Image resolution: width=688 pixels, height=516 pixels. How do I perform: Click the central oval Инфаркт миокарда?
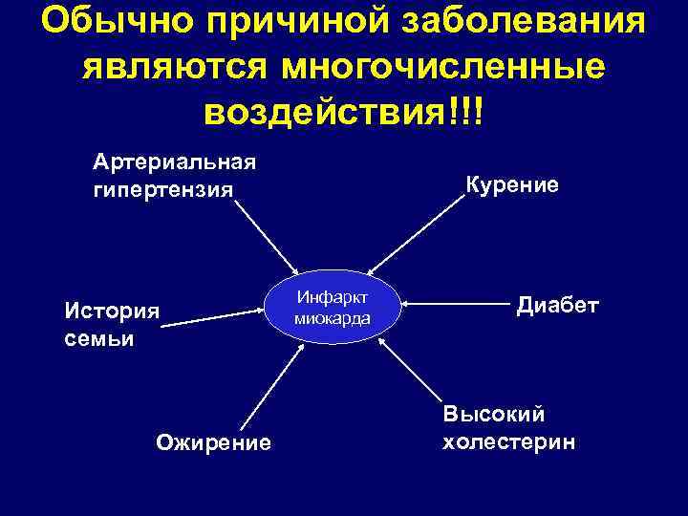tap(333, 307)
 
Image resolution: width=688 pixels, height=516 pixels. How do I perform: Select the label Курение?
tap(512, 184)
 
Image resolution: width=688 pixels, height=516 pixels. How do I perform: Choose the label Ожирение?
tap(213, 442)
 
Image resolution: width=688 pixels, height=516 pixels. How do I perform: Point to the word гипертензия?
tap(162, 189)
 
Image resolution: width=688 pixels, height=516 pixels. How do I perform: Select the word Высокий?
tap(493, 415)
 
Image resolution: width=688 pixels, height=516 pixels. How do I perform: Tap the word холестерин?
tap(508, 443)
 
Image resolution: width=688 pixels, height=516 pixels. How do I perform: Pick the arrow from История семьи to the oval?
tap(215, 317)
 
